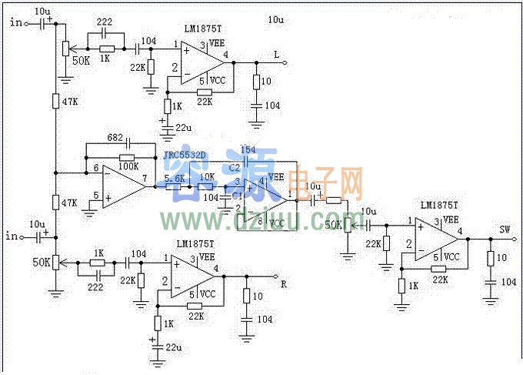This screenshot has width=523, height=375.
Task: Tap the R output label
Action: pos(284,284)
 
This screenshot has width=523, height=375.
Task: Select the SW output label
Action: pos(505,229)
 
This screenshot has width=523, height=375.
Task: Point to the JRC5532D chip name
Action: pos(185,155)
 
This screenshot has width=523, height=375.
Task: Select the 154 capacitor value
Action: pos(248,149)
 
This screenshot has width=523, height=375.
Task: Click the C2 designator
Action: pos(235,166)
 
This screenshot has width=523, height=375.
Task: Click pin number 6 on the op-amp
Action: pos(96,168)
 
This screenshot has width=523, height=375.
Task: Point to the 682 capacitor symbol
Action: pos(128,143)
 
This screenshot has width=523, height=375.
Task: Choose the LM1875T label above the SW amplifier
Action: pos(440,206)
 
